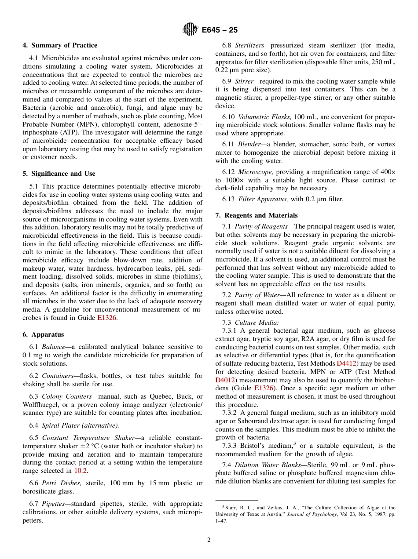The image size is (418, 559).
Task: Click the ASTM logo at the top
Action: coord(190,30)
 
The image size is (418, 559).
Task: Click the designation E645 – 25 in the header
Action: coord(220,30)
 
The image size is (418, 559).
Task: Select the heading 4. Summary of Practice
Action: coord(60,45)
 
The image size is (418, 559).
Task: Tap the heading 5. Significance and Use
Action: coord(59,174)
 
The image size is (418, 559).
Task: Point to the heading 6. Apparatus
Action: coord(43,334)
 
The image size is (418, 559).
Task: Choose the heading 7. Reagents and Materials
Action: coord(257,215)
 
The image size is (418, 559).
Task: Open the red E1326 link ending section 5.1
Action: coord(107,318)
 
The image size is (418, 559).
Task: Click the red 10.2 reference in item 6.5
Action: coord(80,471)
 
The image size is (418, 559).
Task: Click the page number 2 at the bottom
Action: coord(209,540)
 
